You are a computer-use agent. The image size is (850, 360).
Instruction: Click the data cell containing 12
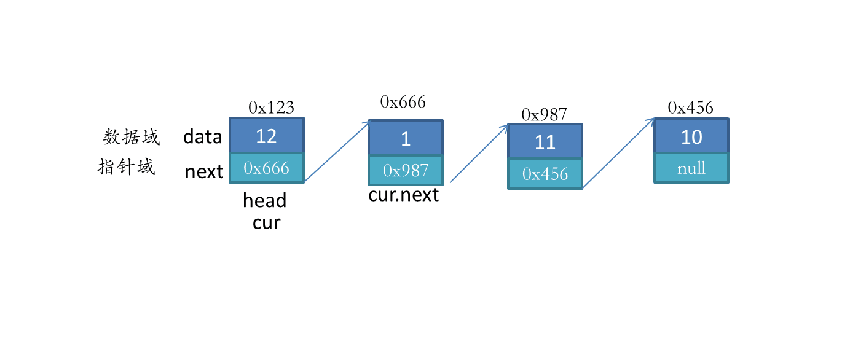tap(266, 135)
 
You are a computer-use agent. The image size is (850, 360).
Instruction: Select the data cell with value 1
tap(406, 138)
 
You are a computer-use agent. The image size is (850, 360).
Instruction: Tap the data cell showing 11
tap(545, 141)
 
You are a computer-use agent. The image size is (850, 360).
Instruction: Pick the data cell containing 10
tap(691, 136)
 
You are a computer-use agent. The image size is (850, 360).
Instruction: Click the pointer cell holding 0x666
tap(266, 168)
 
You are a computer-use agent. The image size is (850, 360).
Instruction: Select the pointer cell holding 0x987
tap(406, 170)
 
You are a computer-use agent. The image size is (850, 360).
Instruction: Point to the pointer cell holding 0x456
tap(545, 174)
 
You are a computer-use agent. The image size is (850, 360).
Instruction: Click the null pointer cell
tap(691, 168)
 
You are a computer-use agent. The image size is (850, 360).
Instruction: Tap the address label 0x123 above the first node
tap(271, 108)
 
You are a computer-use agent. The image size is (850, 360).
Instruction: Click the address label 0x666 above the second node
tap(403, 102)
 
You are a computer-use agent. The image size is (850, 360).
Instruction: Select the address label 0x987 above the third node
tap(544, 114)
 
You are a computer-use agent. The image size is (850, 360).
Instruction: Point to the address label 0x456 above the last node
tap(691, 108)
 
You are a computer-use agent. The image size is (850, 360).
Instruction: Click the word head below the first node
tap(264, 200)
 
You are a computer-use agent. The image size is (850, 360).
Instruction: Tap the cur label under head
tap(266, 223)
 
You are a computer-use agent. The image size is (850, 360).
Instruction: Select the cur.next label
tap(403, 195)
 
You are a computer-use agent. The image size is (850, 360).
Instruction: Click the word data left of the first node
tap(202, 136)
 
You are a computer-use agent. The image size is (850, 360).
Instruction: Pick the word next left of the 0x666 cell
tap(204, 172)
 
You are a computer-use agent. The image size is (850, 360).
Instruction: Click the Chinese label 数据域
tap(132, 136)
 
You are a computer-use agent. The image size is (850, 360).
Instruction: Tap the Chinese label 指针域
tap(127, 167)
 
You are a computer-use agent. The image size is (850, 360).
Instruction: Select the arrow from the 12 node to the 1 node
tap(337, 152)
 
